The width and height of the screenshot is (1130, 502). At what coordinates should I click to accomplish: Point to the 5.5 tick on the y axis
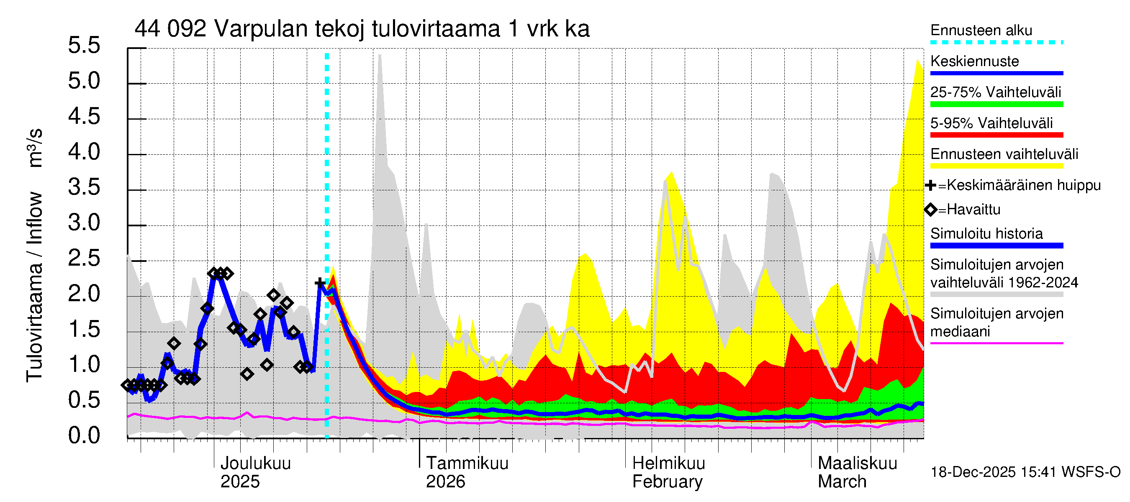pyautogui.click(x=84, y=46)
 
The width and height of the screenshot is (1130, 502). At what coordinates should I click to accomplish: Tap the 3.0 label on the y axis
pyautogui.click(x=84, y=223)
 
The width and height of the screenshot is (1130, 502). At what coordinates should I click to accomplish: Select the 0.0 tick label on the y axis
pyautogui.click(x=84, y=436)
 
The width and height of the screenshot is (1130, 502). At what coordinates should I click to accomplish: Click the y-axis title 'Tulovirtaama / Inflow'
pyautogui.click(x=34, y=287)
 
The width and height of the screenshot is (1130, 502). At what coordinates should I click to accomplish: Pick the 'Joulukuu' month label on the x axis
pyautogui.click(x=255, y=464)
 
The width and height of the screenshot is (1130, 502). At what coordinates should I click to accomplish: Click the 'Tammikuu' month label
pyautogui.click(x=467, y=464)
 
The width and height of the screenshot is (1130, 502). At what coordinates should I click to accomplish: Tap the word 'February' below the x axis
pyautogui.click(x=667, y=482)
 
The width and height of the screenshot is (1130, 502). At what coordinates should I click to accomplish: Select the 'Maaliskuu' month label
pyautogui.click(x=857, y=464)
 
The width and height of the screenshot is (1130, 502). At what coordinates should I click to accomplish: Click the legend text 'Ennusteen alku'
pyautogui.click(x=981, y=31)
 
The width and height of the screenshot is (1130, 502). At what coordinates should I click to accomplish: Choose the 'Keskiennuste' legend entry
pyautogui.click(x=974, y=61)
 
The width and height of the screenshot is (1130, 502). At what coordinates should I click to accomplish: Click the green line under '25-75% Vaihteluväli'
pyautogui.click(x=996, y=104)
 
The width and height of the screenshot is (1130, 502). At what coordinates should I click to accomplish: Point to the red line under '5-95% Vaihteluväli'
pyautogui.click(x=996, y=135)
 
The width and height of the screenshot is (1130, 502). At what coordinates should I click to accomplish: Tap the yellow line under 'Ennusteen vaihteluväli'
pyautogui.click(x=996, y=166)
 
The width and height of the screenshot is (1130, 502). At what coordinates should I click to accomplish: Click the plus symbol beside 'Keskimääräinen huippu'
pyautogui.click(x=930, y=185)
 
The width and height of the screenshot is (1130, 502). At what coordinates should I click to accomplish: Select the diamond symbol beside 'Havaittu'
pyautogui.click(x=930, y=210)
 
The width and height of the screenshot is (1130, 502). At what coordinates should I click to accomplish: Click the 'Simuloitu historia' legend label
pyautogui.click(x=986, y=234)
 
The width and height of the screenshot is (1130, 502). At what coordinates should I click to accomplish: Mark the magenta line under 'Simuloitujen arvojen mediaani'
pyautogui.click(x=996, y=343)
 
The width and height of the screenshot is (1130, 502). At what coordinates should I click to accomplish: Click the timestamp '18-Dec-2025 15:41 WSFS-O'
pyautogui.click(x=1025, y=472)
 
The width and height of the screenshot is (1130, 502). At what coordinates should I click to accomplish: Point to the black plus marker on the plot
pyautogui.click(x=320, y=283)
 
